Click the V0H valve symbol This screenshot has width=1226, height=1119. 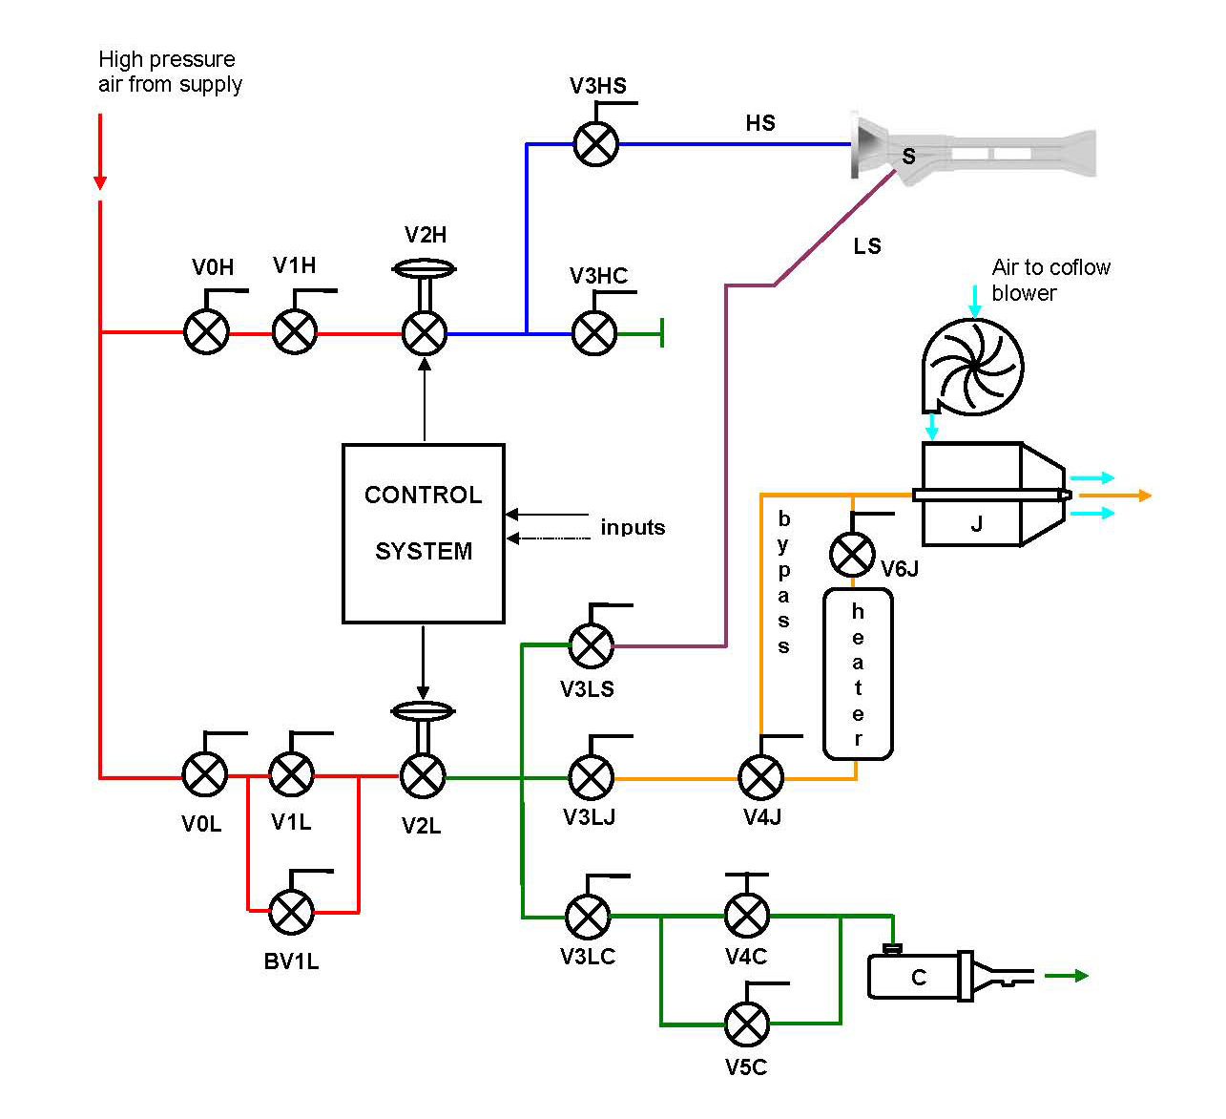point(206,332)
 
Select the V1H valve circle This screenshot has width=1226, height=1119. point(295,332)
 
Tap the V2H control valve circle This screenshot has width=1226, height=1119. point(425,333)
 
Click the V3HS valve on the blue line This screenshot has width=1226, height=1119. point(596,144)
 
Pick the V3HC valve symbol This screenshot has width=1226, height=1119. point(593,333)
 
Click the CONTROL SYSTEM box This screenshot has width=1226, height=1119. point(423,533)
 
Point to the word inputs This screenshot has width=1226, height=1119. point(633,527)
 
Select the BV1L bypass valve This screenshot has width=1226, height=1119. point(291,912)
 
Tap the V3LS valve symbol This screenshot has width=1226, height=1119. point(592,645)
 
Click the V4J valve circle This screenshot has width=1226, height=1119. point(761,777)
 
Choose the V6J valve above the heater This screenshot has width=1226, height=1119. point(852,554)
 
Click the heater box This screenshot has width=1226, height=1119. point(858,674)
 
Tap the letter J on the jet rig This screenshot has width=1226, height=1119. point(976,523)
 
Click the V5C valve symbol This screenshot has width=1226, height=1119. point(746,1024)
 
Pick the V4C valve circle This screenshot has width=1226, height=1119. point(746,915)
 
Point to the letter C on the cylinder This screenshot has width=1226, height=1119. point(919,977)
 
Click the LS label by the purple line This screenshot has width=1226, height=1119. point(866,246)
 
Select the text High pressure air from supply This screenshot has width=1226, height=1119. point(170,72)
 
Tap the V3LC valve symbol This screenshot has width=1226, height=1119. point(589,916)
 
